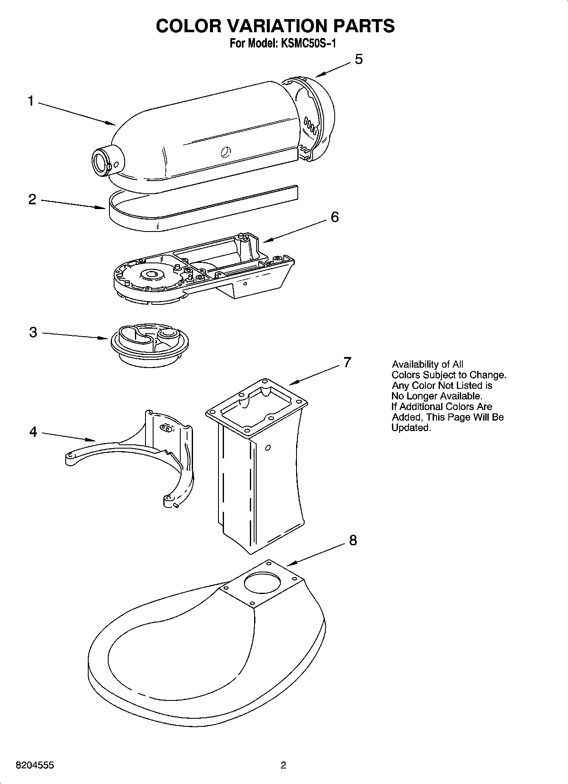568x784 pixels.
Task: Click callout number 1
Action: pos(31,101)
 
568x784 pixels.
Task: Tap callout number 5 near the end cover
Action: pos(358,59)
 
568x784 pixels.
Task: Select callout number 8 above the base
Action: pos(353,540)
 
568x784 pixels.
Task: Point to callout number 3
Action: pos(33,332)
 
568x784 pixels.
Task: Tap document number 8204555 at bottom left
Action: pos(35,765)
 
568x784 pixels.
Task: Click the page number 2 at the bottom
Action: pos(283,765)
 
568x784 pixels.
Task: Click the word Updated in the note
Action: pos(410,428)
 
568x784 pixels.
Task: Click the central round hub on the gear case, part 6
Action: pos(152,275)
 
